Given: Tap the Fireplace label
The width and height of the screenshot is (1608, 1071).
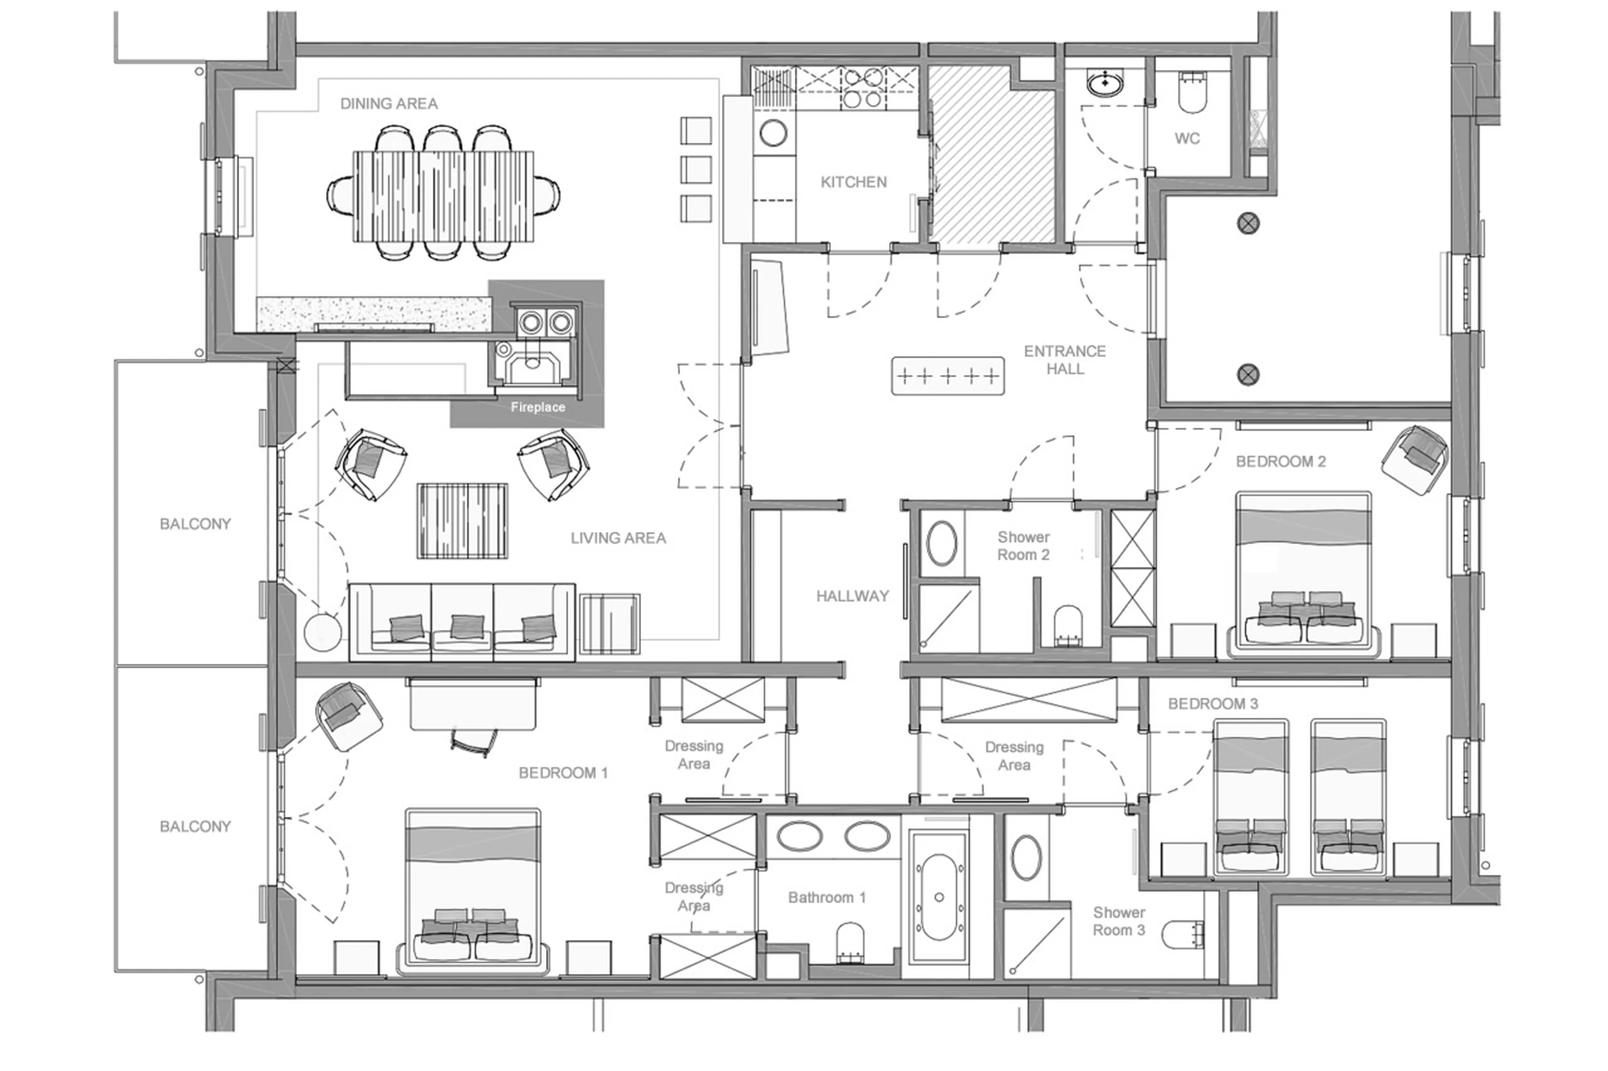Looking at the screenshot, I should tap(537, 407).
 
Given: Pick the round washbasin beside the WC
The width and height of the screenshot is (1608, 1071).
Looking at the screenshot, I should tap(1105, 83).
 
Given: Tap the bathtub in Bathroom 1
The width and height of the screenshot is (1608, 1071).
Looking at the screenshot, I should tap(938, 897).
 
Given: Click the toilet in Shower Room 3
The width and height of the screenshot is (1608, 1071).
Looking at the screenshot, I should tap(1182, 935).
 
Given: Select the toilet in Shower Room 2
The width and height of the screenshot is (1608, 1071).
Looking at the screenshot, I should tap(1068, 625).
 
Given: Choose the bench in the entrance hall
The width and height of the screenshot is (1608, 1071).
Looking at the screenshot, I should tap(947, 376).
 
